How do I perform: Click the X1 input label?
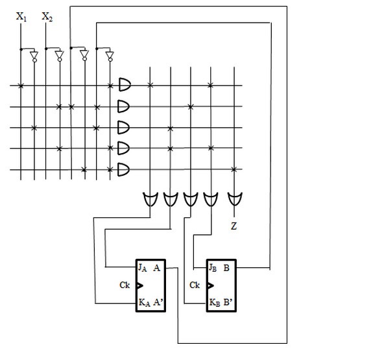tap(21, 17)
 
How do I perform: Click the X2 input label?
tap(47, 17)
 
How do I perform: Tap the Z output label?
tap(234, 226)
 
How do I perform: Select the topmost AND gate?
tap(125, 84)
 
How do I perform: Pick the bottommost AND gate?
tap(124, 169)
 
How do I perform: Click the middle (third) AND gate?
tap(124, 128)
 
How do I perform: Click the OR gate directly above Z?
tap(235, 199)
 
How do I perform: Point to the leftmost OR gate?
tap(150, 199)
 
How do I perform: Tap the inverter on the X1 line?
tap(34, 56)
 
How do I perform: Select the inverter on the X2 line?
tap(60, 56)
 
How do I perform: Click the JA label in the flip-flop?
tap(142, 268)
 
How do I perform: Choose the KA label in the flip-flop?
tap(144, 303)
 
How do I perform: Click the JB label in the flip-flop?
tap(213, 268)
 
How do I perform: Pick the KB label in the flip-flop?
tap(215, 303)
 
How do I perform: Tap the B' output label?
tap(228, 302)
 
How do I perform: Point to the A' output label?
tap(158, 302)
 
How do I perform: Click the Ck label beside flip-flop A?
tap(125, 285)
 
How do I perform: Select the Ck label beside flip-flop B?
tap(195, 285)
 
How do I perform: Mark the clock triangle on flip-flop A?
tap(140, 285)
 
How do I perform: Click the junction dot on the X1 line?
tap(21, 49)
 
